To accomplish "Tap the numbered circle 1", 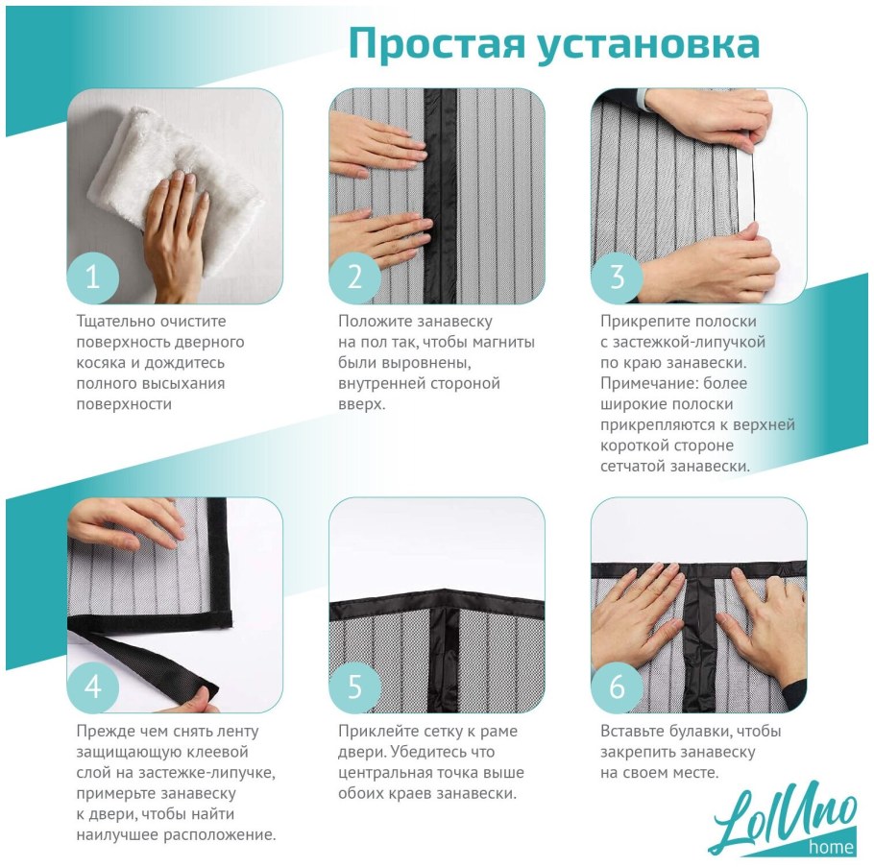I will click(x=92, y=277).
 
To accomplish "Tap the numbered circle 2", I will click(x=354, y=277).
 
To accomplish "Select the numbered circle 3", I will click(x=617, y=277).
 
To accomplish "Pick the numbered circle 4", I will click(x=92, y=686).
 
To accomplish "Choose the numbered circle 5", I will click(x=354, y=686).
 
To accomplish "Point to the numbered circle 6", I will click(x=617, y=686).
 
